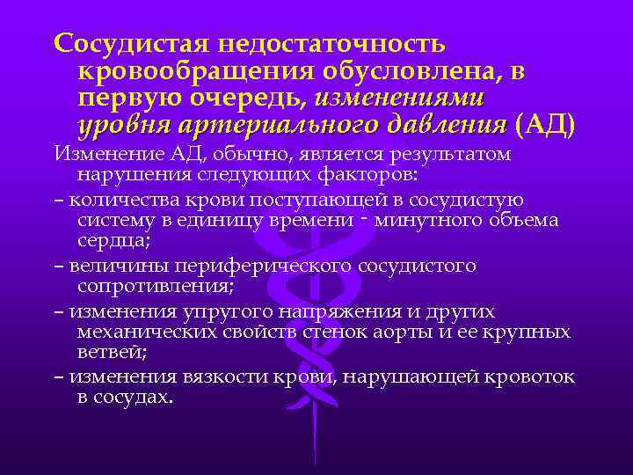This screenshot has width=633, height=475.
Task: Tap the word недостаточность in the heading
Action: (x=337, y=42)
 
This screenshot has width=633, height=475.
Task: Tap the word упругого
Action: (x=198, y=311)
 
